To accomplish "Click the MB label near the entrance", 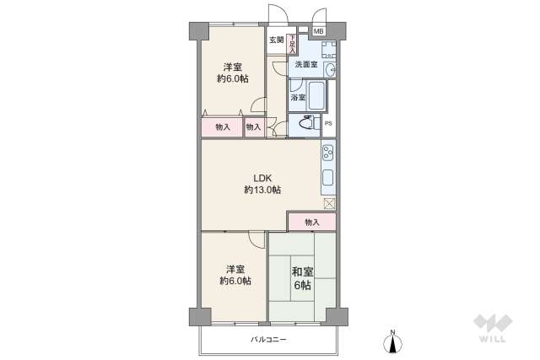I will (318, 32).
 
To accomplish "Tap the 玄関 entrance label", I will (276, 40).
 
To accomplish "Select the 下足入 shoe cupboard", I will (292, 43).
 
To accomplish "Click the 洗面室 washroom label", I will (305, 65).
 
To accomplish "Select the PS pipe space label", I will (328, 125).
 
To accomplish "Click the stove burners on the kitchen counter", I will (327, 153).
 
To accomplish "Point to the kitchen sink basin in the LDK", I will (327, 178).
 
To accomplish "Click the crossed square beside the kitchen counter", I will (329, 202).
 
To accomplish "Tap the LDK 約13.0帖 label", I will (262, 184).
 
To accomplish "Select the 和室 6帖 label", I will (301, 279).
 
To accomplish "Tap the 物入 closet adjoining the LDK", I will (311, 222).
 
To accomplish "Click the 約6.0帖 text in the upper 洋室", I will (234, 79).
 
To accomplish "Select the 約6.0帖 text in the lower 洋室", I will (235, 281).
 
